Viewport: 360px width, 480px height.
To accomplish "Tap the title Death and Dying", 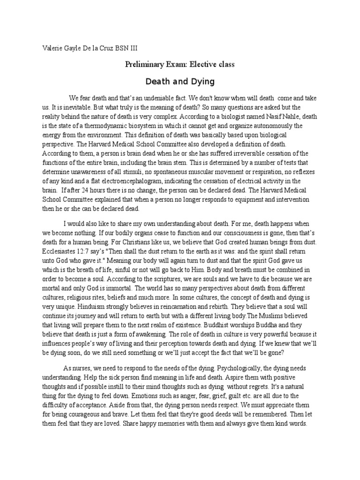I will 180,82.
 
